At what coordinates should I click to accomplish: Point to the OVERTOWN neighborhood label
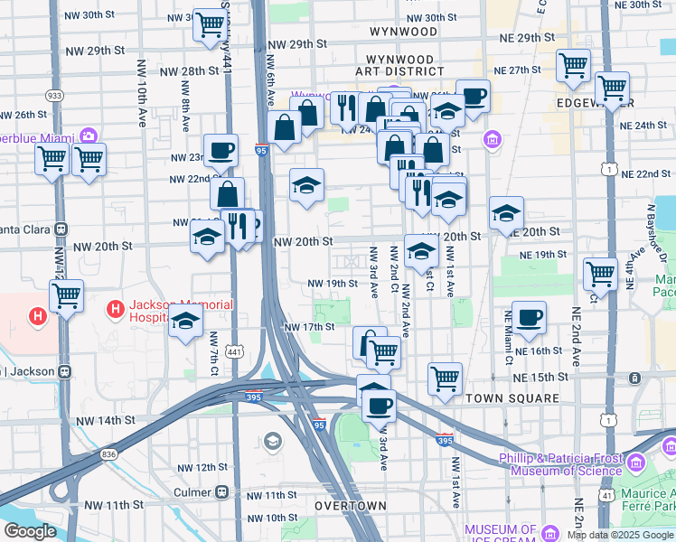click(351, 507)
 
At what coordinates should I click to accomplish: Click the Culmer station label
click(192, 492)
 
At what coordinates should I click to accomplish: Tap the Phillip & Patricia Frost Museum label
click(567, 463)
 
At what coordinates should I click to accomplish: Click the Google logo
click(30, 531)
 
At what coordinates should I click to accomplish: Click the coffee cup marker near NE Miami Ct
click(529, 317)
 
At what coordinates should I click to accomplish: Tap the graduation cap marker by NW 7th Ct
click(185, 321)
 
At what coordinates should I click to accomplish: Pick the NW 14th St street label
click(104, 420)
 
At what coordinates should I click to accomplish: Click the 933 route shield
click(55, 95)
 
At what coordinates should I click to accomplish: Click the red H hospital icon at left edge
click(37, 317)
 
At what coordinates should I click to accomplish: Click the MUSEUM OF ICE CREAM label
click(502, 535)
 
